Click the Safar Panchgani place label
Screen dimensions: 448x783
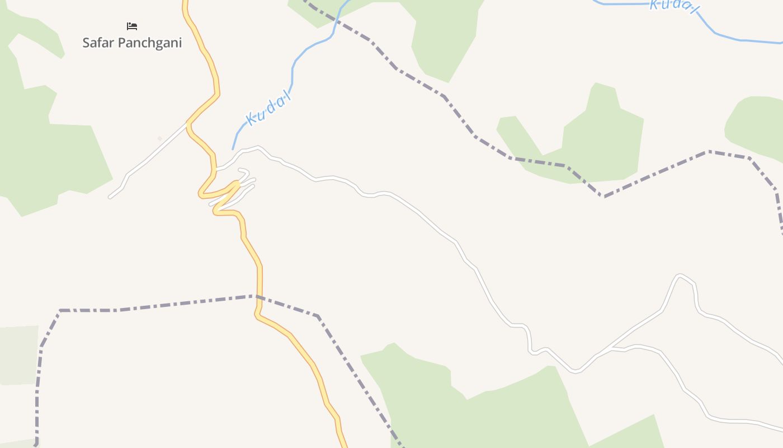coord(132,43)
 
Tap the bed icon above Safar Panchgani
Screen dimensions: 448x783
coord(132,26)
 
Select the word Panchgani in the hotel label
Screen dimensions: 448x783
coord(149,43)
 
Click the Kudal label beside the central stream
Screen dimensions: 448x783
coord(268,109)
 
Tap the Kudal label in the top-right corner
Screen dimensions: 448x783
coord(674,5)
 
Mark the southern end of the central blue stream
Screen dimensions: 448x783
coord(233,148)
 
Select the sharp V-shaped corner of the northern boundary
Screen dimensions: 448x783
coord(603,196)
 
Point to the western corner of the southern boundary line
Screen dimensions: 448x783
coord(60,310)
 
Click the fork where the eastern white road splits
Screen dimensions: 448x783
coord(611,348)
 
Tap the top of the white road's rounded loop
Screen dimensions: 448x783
coord(680,275)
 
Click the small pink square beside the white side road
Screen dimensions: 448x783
coord(159,139)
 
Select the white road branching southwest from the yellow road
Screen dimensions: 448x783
coord(145,162)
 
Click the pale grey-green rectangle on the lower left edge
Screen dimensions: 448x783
coord(18,356)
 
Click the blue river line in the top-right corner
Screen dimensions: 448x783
coord(744,40)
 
